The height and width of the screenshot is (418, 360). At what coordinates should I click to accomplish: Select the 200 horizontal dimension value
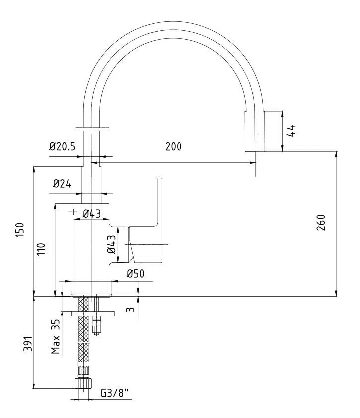174,146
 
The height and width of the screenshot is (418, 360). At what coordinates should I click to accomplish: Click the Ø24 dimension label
62,184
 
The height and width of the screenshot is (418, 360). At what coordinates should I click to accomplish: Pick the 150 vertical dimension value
20,230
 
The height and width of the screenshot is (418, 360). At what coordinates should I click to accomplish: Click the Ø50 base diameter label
135,273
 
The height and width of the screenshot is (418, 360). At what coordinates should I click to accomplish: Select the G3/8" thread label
114,393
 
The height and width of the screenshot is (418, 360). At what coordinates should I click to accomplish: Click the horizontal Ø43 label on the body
91,214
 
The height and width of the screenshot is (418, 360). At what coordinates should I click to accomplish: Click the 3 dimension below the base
131,310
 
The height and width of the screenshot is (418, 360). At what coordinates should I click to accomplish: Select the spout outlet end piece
254,131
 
